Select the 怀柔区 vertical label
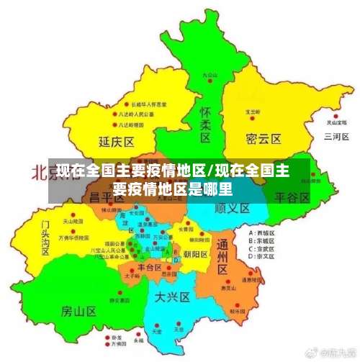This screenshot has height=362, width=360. coord(205,124)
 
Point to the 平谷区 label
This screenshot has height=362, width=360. coord(292,196)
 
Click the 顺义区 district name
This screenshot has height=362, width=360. coord(233,207)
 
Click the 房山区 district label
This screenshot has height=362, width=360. coord(78,311)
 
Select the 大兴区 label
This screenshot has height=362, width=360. coord(173,296)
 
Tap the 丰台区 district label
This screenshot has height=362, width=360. coord(150,267)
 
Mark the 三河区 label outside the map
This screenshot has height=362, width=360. coord(336,136)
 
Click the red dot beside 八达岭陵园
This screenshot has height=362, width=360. coord(114,123)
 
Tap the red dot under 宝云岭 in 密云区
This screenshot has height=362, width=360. coord(252,119)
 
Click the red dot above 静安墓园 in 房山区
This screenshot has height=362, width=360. coord(113,291)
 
